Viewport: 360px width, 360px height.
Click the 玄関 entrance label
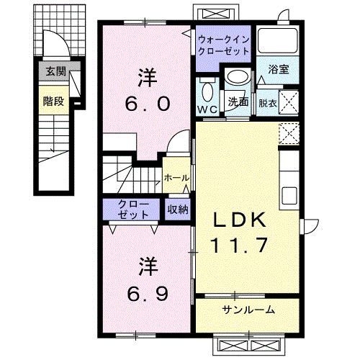click(55, 71)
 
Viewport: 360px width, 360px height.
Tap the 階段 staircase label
click(53, 101)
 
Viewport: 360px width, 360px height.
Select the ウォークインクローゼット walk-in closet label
click(224, 45)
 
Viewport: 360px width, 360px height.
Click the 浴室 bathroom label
click(279, 69)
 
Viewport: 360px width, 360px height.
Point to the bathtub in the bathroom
click(278, 41)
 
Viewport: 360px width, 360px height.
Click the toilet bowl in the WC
click(208, 91)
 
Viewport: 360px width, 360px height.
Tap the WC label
click(207, 109)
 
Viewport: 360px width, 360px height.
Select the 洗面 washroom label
click(238, 102)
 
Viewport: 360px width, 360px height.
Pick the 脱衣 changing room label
click(268, 104)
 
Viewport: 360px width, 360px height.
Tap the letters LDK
click(240, 220)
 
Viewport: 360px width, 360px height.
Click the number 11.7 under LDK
click(239, 245)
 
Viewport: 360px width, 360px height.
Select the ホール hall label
click(176, 178)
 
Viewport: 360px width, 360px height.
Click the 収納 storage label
click(178, 210)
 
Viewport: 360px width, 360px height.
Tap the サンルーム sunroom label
click(248, 310)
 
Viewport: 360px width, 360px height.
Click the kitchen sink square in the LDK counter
click(289, 195)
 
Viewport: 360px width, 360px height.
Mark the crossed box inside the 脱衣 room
click(289, 102)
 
